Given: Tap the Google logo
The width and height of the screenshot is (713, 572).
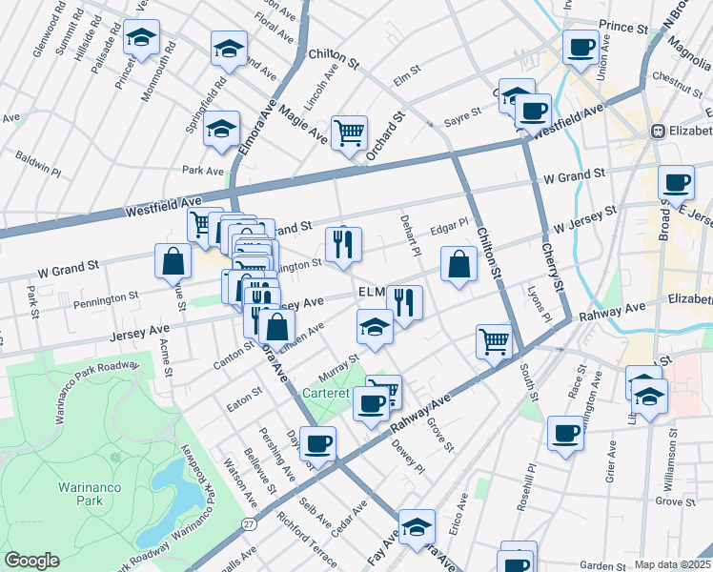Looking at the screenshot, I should [31, 561].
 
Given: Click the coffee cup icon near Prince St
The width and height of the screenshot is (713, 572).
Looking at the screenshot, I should [580, 46].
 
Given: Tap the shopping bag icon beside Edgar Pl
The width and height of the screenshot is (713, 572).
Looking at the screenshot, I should [458, 263].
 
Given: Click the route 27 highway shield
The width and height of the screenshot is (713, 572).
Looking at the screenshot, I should [249, 523].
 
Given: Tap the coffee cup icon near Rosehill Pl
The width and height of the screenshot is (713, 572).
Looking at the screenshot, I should [565, 435].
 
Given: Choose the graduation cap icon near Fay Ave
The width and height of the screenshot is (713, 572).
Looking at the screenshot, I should [416, 526].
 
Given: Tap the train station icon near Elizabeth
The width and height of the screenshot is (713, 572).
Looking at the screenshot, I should [657, 131].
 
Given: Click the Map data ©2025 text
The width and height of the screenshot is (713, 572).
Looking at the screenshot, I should [672, 564].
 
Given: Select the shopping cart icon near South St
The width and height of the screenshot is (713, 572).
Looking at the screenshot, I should [494, 339].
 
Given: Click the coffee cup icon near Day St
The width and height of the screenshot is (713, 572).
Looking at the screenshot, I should [318, 443].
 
